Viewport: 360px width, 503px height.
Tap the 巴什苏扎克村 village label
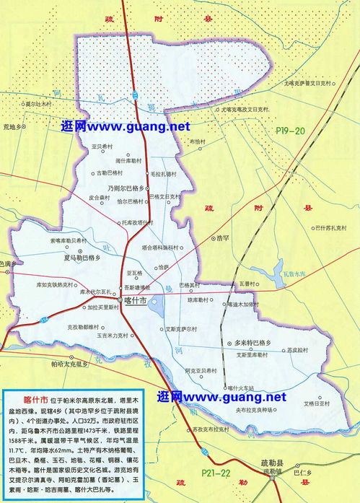pos(329,228)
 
